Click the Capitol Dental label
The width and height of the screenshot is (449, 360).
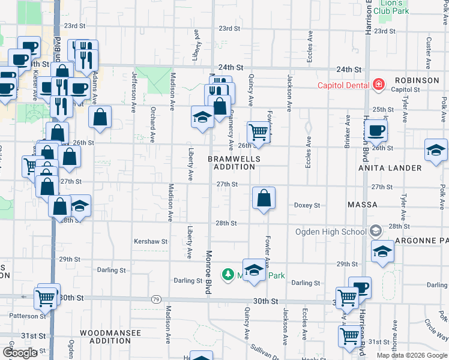(x=343, y=85)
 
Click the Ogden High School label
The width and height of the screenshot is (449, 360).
(x=331, y=232)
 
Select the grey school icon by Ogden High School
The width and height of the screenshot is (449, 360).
(x=375, y=231)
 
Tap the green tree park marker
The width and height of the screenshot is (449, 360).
(x=228, y=275)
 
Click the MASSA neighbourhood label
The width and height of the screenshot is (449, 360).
(x=362, y=205)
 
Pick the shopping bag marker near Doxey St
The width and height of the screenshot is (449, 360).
(x=264, y=198)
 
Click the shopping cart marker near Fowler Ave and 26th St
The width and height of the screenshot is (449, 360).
(x=258, y=132)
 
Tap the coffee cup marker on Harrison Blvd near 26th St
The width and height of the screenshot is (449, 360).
(x=376, y=130)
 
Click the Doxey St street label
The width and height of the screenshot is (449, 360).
(x=307, y=205)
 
